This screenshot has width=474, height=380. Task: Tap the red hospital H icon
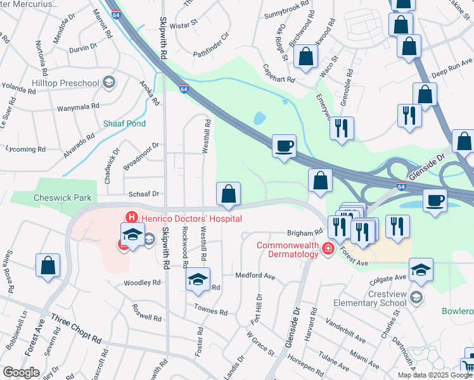coord(132,217)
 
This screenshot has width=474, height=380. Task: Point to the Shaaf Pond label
coord(125,123)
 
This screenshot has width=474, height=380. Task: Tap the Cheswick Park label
coord(63,198)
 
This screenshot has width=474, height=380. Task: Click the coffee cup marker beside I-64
coord(283,146)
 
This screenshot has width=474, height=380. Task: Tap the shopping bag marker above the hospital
coord(228,194)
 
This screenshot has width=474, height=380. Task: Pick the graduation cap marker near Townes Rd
coord(198,279)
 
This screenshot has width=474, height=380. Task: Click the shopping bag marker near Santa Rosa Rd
coord(48,265)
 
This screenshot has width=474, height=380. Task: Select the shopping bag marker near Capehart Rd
coord(305,57)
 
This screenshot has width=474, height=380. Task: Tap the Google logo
coord(21,372)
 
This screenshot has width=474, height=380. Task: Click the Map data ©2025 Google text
coord(435,375)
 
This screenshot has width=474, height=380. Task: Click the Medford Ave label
coord(255,276)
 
